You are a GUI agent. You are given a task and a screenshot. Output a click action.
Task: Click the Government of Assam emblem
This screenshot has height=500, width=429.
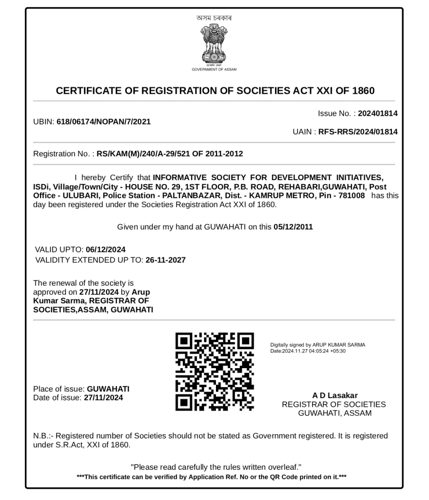tap(214, 45)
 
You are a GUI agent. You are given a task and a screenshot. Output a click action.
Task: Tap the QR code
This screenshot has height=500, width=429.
tap(214, 372)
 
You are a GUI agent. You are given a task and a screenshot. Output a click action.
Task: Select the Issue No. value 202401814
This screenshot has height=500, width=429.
tap(377, 113)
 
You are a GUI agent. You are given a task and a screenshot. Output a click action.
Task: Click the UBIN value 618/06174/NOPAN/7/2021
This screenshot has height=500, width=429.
tap(104, 122)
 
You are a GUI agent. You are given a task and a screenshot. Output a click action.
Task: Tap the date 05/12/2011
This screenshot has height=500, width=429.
tap(293, 227)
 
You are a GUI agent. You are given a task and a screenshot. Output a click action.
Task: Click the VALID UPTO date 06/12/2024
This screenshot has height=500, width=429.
tap(106, 250)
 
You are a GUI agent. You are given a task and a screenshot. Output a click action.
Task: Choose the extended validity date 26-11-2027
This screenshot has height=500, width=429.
tap(166, 260)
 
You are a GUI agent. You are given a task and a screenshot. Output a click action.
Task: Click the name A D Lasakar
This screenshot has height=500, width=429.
tap(335, 396)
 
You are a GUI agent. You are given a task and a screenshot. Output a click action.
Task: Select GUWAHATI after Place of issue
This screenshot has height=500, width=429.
tap(108, 389)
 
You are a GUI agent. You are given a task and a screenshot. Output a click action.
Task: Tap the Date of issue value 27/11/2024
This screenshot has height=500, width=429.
tap(103, 397)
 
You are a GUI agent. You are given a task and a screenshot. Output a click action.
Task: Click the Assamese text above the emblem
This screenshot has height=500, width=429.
tap(214, 18)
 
